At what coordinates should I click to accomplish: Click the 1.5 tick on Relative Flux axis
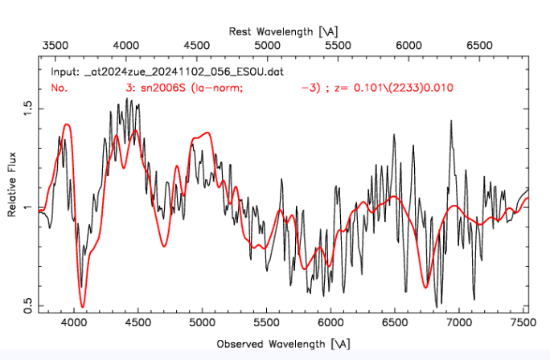tap(39, 107)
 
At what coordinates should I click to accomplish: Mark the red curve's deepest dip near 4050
tap(83, 306)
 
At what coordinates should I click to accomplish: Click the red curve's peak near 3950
tap(67, 125)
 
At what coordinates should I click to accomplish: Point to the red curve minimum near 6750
tap(427, 284)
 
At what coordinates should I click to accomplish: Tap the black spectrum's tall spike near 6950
tap(449, 121)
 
